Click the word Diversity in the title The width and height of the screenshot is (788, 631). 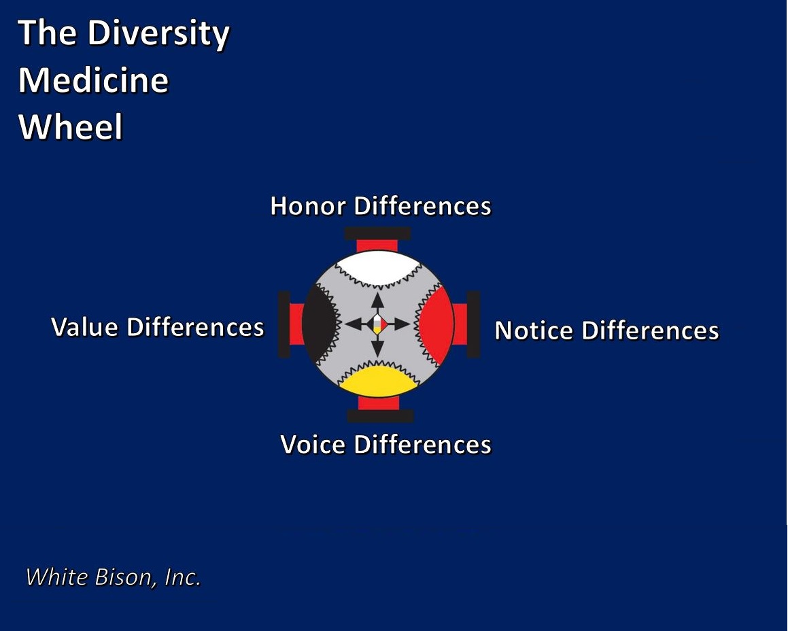coord(158,34)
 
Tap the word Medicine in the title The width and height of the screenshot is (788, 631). coord(93,80)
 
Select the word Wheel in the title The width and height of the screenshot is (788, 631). coord(70,126)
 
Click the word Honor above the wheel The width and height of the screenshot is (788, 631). coord(308,206)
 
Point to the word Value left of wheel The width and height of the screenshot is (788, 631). coord(85,327)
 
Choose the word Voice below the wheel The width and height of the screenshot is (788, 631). coord(313,445)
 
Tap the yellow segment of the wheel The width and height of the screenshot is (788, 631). coord(379,381)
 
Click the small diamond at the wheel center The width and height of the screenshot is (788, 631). coord(377,324)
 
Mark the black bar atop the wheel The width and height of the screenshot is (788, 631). coord(377,233)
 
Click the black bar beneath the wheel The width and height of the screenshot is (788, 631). coord(380,416)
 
